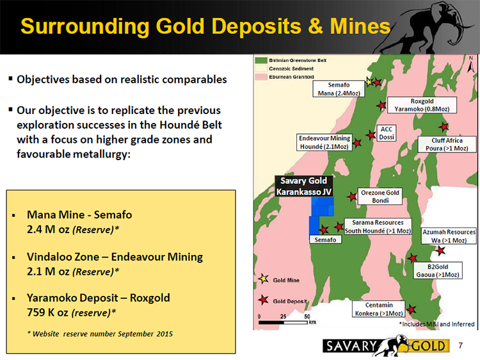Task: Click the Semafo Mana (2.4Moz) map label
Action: click(x=339, y=89)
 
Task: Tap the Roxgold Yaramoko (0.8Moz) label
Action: click(x=422, y=105)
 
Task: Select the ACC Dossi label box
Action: click(x=387, y=133)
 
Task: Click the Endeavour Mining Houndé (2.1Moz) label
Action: click(x=324, y=142)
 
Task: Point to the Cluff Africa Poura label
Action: click(x=447, y=144)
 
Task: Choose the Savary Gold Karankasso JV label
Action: click(x=303, y=186)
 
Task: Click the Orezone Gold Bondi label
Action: click(x=380, y=197)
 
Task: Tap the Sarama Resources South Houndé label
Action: click(x=378, y=226)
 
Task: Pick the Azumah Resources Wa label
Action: click(x=449, y=236)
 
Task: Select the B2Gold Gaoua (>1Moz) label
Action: click(x=438, y=270)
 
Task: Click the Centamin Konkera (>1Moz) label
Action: click(x=379, y=309)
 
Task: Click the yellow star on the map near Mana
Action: click(x=369, y=82)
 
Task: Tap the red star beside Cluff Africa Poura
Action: click(x=444, y=126)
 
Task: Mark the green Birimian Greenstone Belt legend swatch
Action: click(x=261, y=60)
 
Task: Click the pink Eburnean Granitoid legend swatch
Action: click(x=261, y=77)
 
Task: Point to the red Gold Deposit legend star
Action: click(x=263, y=300)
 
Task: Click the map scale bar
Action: click(x=283, y=322)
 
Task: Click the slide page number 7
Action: click(x=461, y=346)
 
